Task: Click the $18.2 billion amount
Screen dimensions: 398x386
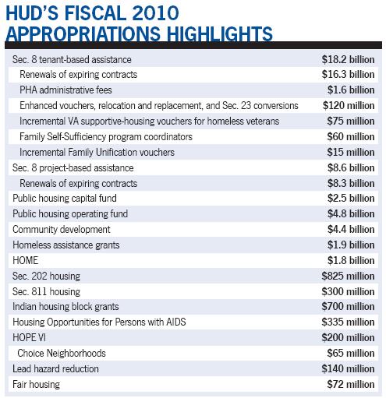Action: point(348,60)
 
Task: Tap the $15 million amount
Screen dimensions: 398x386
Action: point(350,151)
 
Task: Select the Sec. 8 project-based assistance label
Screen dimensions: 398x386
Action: point(73,167)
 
